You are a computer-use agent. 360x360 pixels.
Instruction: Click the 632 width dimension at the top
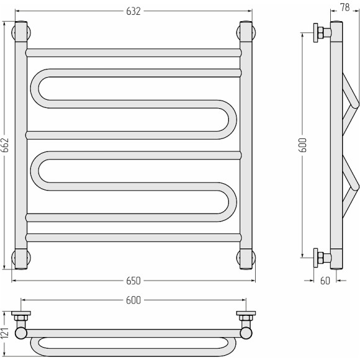[x=133, y=11]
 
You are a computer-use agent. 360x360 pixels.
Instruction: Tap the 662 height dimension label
[x=5, y=145]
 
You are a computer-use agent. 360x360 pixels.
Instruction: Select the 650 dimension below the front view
[x=133, y=281]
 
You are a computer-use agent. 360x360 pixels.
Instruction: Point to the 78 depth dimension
[x=345, y=7]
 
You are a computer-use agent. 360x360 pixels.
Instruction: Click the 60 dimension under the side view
[x=325, y=281]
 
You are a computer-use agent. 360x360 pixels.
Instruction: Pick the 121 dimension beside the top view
[x=5, y=333]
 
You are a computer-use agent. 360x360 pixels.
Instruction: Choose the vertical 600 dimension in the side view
[x=302, y=145]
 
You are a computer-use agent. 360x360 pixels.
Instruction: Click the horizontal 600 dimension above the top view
[x=133, y=300]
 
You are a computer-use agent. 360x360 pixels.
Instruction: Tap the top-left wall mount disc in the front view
[x=21, y=32]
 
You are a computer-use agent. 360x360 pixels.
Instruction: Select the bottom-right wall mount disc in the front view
[x=246, y=258]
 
